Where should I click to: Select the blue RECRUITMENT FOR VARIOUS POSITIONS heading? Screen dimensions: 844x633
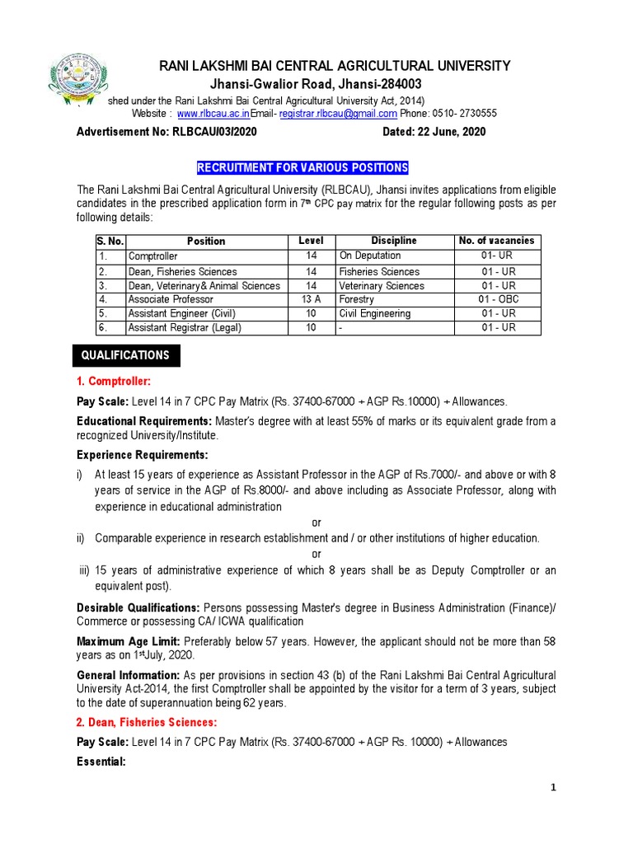pos(302,168)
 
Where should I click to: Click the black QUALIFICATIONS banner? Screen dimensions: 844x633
pos(125,355)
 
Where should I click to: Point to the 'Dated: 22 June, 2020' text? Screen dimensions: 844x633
pos(434,132)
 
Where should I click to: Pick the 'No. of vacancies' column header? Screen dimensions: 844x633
pos(496,241)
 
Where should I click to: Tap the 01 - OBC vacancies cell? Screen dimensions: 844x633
pos(499,300)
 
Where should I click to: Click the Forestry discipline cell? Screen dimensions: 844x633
pos(356,300)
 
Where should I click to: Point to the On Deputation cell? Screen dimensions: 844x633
pos(370,256)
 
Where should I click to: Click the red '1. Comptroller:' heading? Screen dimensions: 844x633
pos(114,381)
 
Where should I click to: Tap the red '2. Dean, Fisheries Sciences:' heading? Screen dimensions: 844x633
pos(146,722)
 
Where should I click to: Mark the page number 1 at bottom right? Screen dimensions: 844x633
pos(554,788)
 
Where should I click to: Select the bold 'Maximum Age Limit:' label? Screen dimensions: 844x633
pos(129,641)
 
